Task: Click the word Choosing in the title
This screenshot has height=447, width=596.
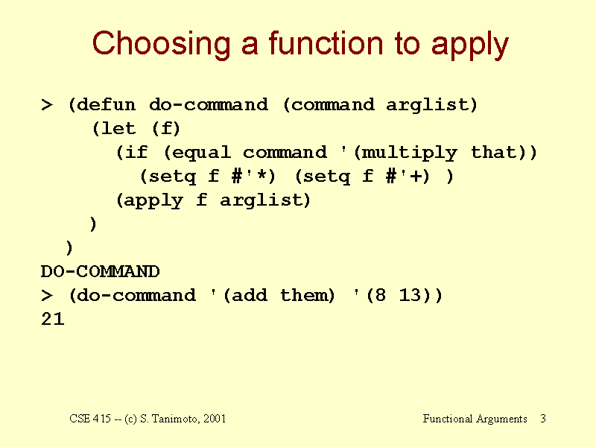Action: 162,45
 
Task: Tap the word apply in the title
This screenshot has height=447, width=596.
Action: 470,45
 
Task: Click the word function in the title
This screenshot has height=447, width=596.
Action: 326,43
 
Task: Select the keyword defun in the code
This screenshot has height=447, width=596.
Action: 106,104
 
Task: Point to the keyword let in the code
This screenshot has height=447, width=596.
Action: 118,128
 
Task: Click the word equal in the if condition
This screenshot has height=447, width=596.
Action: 201,153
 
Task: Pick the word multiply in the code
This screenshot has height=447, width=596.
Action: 409,153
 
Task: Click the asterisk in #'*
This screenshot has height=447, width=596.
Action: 261,175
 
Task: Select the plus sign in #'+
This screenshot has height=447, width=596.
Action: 416,176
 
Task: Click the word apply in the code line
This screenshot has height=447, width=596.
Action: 153,200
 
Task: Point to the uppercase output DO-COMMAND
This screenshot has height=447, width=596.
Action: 101,271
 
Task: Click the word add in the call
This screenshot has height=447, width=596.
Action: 250,295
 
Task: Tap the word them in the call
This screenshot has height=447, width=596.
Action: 307,295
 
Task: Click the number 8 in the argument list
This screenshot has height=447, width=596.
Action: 381,295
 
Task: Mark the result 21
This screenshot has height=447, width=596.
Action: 52,319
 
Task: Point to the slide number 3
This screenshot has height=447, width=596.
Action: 543,419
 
